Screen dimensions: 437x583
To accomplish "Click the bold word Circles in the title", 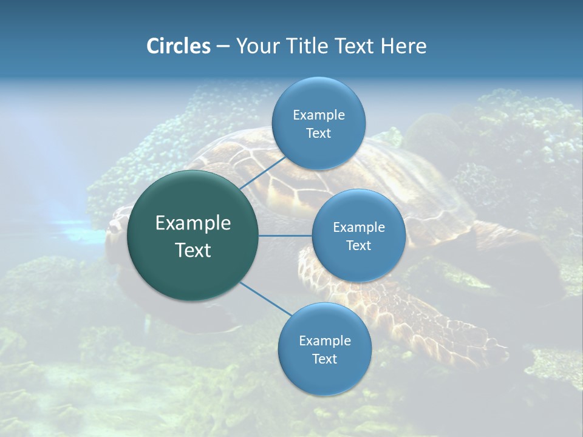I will [x=179, y=46].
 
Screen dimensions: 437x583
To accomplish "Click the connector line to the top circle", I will [x=262, y=172].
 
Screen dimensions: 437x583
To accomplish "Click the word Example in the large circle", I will [x=193, y=223].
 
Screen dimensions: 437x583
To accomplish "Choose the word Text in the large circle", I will [x=193, y=250].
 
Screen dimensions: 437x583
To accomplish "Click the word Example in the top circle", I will [x=319, y=115].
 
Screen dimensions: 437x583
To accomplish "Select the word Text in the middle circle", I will [x=358, y=246].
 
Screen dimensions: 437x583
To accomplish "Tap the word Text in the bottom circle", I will [x=324, y=359].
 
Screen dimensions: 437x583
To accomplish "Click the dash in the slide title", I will [x=223, y=46].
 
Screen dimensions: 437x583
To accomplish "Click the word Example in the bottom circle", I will [x=324, y=341].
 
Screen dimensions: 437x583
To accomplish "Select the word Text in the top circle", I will [x=318, y=134].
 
